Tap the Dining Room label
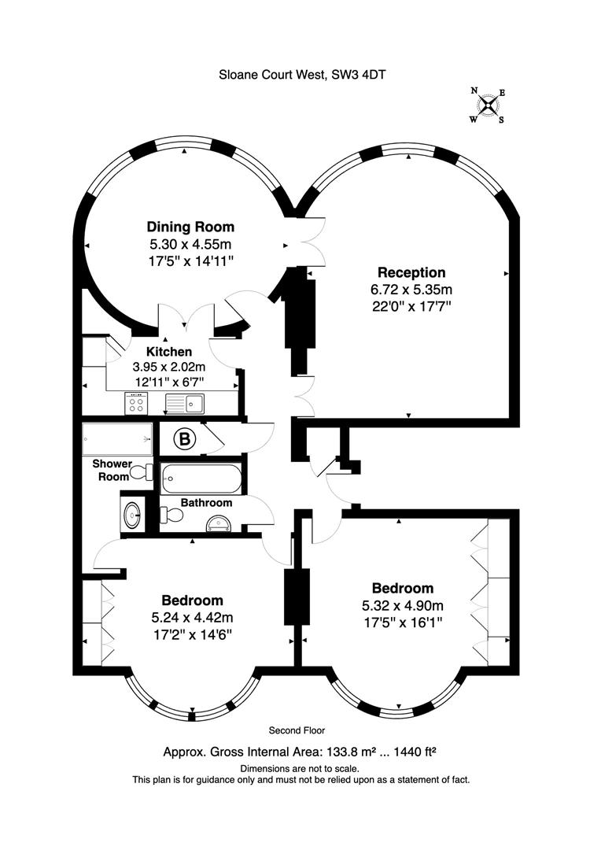(190, 227)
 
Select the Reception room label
(411, 272)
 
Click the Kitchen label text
(169, 352)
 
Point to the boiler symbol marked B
(185, 438)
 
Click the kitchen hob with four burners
(136, 403)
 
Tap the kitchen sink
(185, 403)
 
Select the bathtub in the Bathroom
(201, 479)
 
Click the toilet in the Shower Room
(142, 472)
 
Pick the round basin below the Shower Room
(132, 514)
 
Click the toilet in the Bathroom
(171, 515)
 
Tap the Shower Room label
(112, 470)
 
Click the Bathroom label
(206, 502)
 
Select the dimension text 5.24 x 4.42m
(192, 618)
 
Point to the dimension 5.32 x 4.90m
(403, 605)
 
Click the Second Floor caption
(297, 730)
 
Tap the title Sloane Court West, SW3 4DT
(302, 75)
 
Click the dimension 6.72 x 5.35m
(411, 290)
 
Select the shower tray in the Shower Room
(117, 439)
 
